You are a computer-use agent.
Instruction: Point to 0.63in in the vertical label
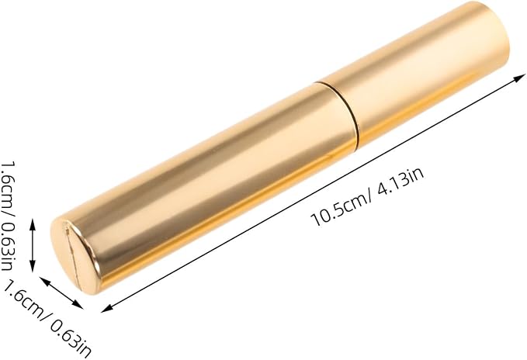click(x=8, y=246)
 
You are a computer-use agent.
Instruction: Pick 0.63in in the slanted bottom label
click(x=71, y=338)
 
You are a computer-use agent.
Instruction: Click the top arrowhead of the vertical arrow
click(x=33, y=224)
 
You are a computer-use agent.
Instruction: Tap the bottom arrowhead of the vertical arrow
click(x=33, y=266)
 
